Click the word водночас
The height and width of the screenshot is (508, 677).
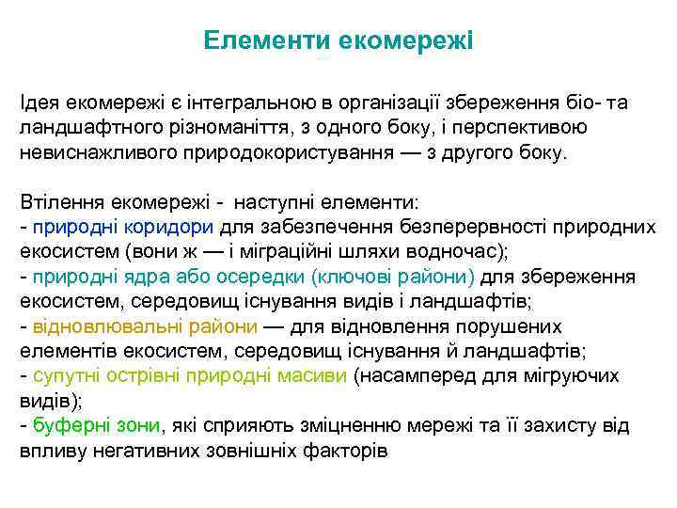(x=452, y=252)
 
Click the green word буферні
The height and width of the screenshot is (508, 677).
(x=71, y=425)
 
